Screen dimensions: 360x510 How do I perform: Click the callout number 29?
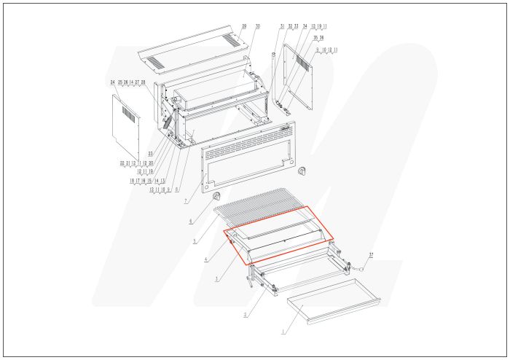pos(244,26)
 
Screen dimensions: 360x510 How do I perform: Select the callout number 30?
pos(257,26)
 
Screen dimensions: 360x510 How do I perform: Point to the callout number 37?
pos(371,254)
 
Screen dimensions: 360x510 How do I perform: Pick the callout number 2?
pos(246,314)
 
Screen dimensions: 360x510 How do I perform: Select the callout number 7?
pos(186,200)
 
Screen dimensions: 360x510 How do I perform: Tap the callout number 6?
pos(191,221)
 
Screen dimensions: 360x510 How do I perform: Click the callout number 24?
pos(113,82)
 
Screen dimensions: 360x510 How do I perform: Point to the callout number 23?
pos(150,153)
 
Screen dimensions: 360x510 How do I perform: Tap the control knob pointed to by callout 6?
pos(215,196)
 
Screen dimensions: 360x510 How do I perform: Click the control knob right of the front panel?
pos(302,171)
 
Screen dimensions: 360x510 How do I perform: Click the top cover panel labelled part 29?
pos(189,50)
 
